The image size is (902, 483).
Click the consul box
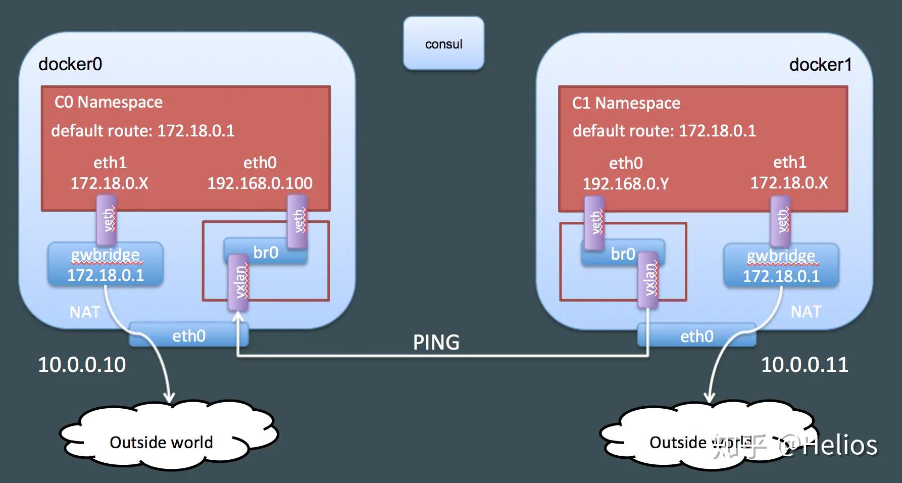point(443,44)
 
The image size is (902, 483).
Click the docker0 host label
point(70,64)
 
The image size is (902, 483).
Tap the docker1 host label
point(820,65)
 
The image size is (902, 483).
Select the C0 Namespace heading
point(109,102)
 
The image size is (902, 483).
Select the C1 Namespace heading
point(626,103)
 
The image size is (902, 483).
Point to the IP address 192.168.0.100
point(260,183)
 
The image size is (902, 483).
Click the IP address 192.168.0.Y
point(625,183)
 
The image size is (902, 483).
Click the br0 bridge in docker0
point(266,252)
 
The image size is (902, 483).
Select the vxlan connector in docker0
point(238,282)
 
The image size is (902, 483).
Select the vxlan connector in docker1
point(648,279)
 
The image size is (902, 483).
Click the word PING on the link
point(436,343)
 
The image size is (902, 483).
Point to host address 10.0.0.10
point(82,365)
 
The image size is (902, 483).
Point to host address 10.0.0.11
point(805,365)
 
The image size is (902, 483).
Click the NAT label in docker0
point(84,312)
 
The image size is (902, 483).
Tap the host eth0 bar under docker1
point(697,336)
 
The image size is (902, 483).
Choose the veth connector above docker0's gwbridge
point(107,220)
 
